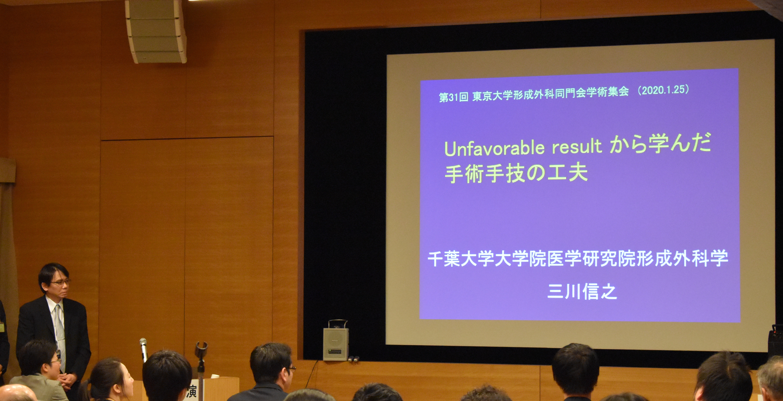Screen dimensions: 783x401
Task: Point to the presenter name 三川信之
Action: coord(582,292)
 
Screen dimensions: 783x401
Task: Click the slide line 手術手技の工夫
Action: coord(516,173)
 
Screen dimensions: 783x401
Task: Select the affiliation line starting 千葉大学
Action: coord(578,258)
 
